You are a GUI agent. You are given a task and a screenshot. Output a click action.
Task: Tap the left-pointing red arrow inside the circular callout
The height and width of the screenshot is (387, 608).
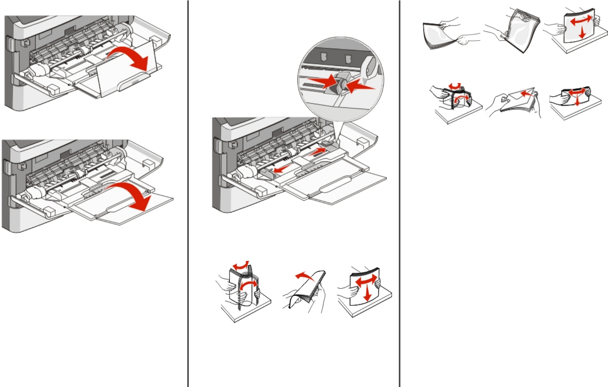tap(361, 86)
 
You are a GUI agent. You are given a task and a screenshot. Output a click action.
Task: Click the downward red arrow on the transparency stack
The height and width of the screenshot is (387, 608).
tap(582, 32)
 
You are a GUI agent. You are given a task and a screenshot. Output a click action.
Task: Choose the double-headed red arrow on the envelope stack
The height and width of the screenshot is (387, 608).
tap(575, 93)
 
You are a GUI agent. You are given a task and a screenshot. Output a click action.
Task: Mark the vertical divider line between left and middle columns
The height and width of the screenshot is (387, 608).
tap(188, 193)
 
